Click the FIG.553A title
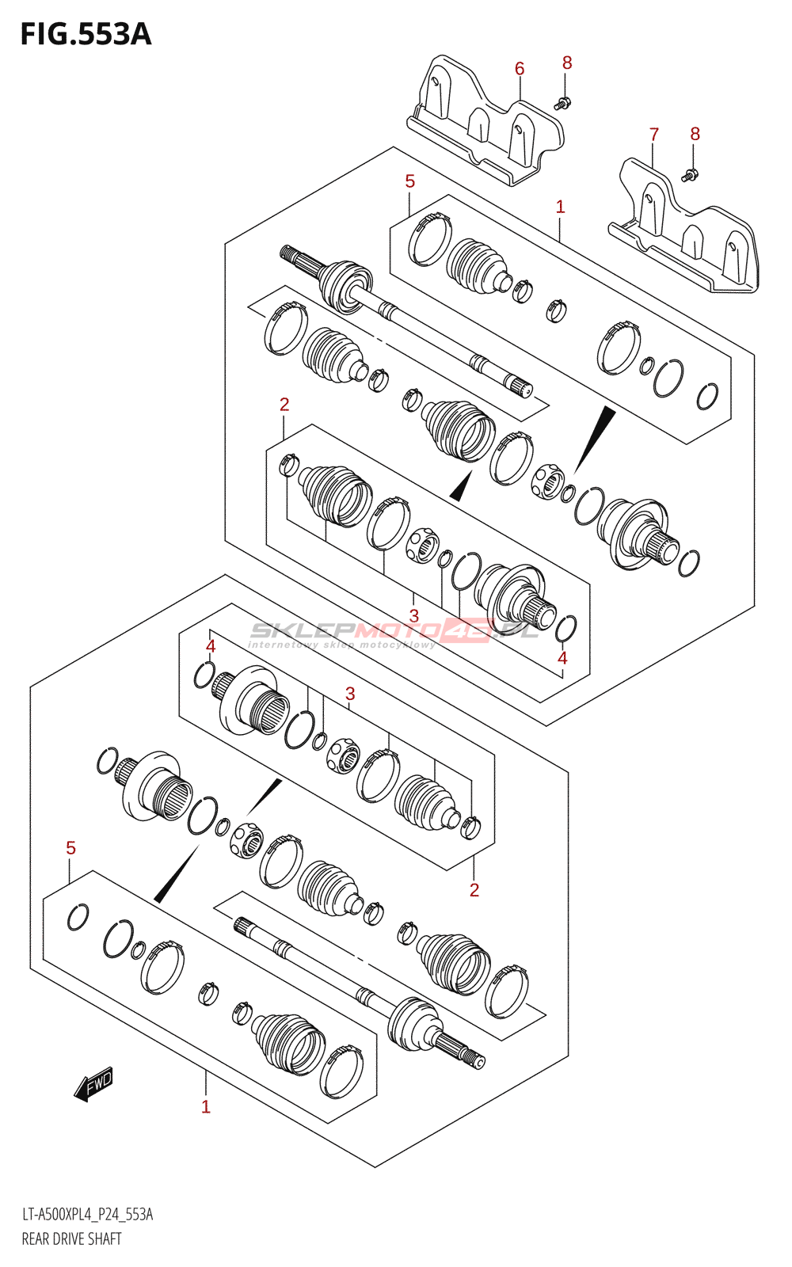pos(86,35)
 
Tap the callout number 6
pos(520,69)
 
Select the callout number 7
pos(653,135)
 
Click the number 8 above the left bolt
pos(567,63)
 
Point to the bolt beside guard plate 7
pos(689,175)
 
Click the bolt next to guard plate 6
pos(563,101)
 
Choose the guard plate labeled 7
pos(686,229)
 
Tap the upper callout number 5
pos(409,181)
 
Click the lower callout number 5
pos(70,848)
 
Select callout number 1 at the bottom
pos(205,1107)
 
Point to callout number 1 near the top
pos(560,207)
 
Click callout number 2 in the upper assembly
pos(284,405)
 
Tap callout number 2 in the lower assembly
pos(474,890)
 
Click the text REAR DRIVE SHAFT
pos(72,1238)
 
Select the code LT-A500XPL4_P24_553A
pos(87,1215)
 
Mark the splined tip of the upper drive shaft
pos(287,253)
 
